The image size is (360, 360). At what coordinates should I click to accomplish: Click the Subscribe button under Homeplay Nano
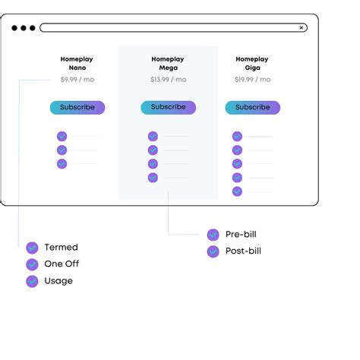click(77, 107)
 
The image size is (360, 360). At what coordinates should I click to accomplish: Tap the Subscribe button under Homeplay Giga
click(252, 107)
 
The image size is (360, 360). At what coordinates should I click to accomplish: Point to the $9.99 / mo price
click(77, 79)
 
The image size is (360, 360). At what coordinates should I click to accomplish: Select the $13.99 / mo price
click(168, 79)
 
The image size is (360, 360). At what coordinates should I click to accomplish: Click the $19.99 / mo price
click(252, 79)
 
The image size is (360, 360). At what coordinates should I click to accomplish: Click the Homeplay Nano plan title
click(77, 63)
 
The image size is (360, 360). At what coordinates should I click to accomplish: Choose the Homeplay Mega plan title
click(168, 63)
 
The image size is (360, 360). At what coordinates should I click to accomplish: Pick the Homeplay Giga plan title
click(252, 63)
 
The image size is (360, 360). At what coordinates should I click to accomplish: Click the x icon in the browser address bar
click(302, 28)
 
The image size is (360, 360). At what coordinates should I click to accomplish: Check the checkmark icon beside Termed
click(32, 248)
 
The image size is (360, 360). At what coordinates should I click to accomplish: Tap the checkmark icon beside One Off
click(32, 264)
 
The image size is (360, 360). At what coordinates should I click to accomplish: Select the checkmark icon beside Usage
click(32, 281)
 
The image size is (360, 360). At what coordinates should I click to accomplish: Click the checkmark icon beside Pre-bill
click(213, 235)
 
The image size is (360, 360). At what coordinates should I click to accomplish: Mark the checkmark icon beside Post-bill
click(213, 251)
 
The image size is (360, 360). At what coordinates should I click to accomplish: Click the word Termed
click(61, 248)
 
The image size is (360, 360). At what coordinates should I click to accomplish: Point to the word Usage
click(58, 281)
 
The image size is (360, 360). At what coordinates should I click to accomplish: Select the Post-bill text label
click(243, 251)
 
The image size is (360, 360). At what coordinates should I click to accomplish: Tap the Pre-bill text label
click(241, 235)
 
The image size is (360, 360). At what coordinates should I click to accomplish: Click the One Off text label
click(62, 264)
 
